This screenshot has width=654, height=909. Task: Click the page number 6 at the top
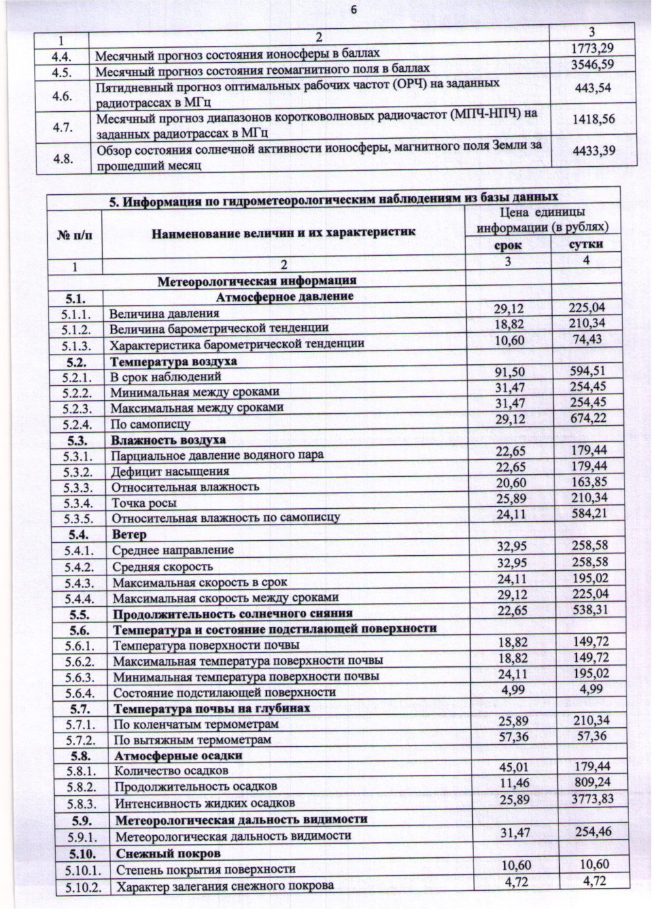tap(354, 9)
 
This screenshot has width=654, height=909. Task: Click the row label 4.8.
tap(63, 158)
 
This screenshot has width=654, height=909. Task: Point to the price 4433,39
tap(593, 151)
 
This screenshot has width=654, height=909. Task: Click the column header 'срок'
tap(508, 245)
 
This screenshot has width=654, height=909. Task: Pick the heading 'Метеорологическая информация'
tap(256, 281)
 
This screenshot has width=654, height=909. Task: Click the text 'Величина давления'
tap(164, 313)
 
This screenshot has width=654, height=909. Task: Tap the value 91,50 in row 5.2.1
tap(509, 372)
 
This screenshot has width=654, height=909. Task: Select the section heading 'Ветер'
tap(129, 534)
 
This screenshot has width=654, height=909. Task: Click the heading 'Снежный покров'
tap(168, 853)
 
